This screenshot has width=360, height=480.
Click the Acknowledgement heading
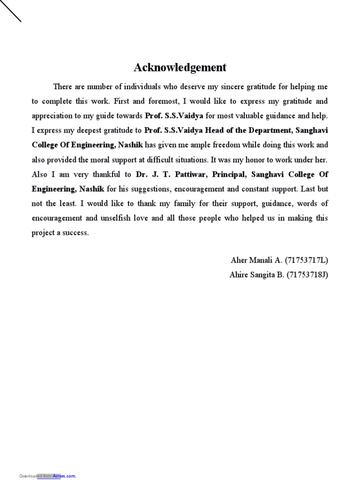tap(180, 67)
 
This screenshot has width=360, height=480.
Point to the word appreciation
tap(52, 116)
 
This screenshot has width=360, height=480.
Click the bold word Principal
tap(229, 174)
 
